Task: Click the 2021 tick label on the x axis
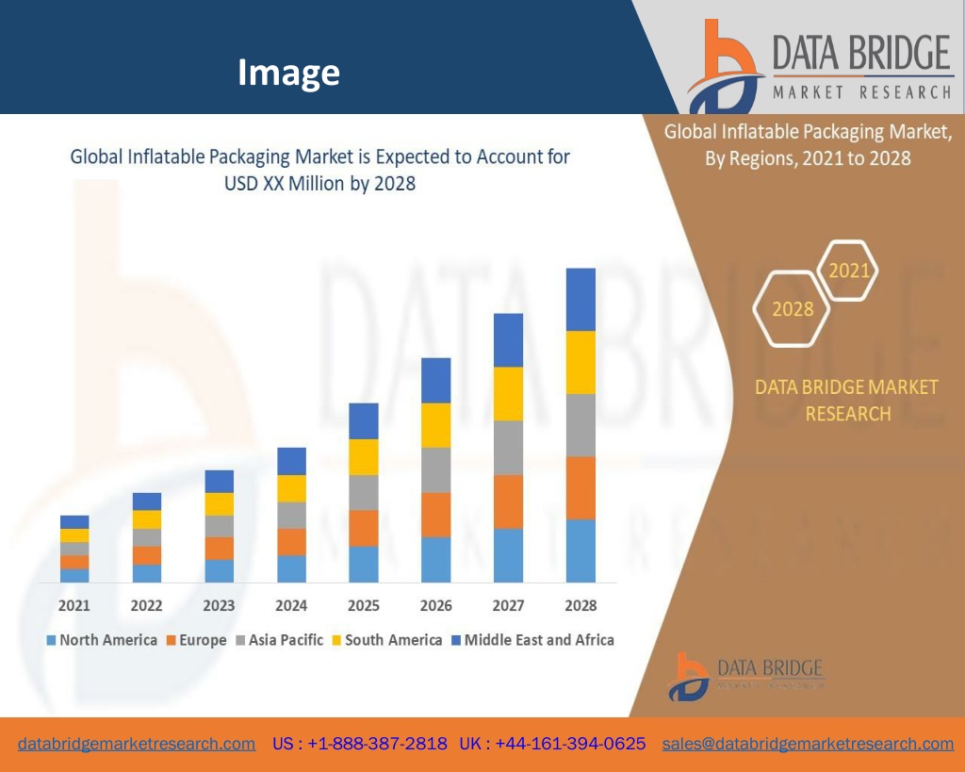pos(74,605)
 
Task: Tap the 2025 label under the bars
pos(364,605)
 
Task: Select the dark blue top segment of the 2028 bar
pos(581,299)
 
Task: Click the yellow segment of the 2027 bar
pos(509,393)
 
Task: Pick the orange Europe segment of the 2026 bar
pos(436,515)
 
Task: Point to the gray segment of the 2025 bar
pos(364,492)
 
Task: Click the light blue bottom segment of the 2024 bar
pos(291,568)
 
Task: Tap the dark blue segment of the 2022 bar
pos(147,501)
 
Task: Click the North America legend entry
pos(102,640)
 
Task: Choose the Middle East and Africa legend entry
pos(532,640)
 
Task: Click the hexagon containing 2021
pos(848,271)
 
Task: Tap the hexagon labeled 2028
pos(793,308)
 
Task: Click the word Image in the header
pos(288,72)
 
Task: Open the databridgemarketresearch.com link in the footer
pos(137,744)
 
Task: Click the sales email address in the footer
pos(808,744)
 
